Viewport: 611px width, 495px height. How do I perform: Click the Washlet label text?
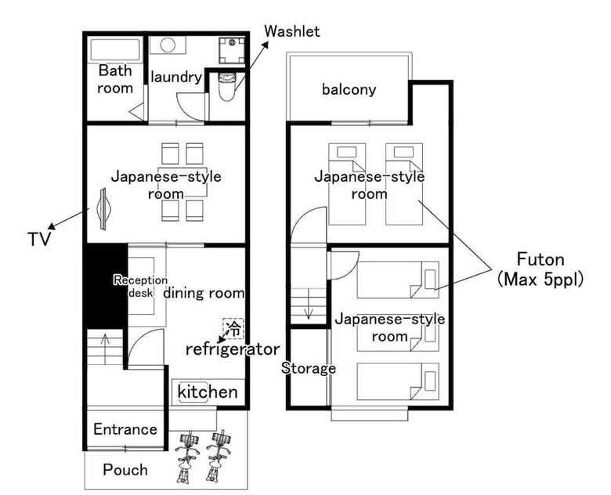coord(292,31)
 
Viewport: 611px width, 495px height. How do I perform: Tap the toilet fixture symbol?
coord(227,86)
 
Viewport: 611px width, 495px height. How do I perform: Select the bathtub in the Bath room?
coord(115,50)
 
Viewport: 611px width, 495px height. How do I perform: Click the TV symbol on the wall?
coord(103,209)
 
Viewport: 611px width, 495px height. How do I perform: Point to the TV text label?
coord(39,239)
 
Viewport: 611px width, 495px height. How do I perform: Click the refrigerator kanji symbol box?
coord(233,329)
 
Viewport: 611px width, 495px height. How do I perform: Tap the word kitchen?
coord(208,392)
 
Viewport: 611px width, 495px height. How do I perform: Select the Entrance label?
coord(125,429)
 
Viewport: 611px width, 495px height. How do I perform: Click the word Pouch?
coord(125,470)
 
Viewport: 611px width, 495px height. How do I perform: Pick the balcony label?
coord(349,89)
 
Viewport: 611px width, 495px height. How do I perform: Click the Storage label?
coord(308,368)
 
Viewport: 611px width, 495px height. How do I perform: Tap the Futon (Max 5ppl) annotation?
coord(540,269)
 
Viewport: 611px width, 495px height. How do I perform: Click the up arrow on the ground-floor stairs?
coord(105,344)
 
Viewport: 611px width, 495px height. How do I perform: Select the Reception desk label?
coord(141,286)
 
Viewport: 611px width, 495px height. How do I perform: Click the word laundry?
coord(176,78)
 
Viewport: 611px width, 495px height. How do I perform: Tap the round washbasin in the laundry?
coord(168,45)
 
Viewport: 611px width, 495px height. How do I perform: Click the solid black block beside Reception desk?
coord(106,286)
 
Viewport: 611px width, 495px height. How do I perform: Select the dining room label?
coord(204,293)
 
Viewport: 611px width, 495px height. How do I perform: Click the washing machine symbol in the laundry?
coord(232,50)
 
